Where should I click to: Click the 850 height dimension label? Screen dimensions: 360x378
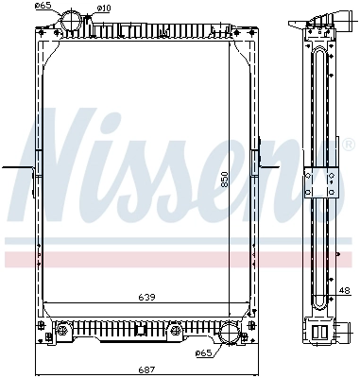coord(224,180)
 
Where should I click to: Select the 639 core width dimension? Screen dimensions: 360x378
coord(146,297)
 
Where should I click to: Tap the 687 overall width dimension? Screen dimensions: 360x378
coord(146,369)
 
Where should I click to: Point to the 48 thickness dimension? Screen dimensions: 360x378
coord(345,290)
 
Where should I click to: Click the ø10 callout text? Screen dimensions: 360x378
coord(103,9)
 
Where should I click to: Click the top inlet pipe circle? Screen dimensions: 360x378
coord(72,21)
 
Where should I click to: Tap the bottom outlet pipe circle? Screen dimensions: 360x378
coord(230,334)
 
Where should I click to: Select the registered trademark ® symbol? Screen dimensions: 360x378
coord(347,145)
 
